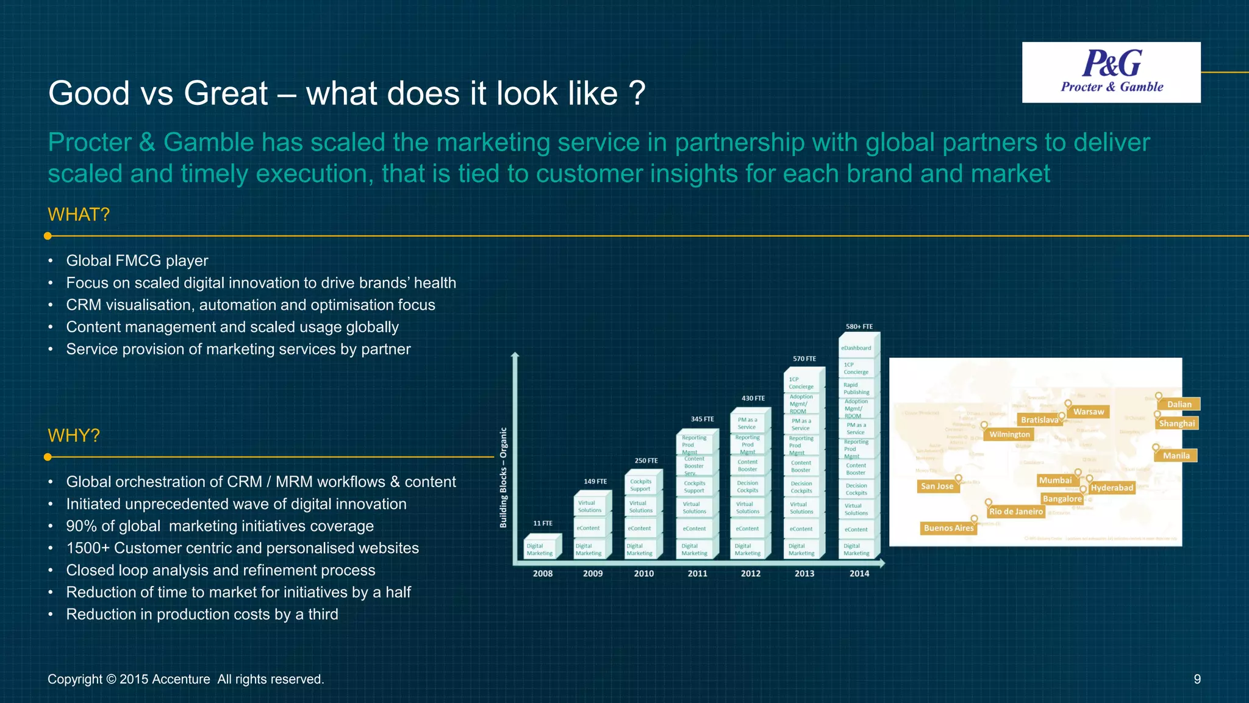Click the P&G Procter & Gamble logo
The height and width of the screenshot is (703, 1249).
1111,72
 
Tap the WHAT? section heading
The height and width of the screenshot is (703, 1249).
79,215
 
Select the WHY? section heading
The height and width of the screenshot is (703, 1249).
74,436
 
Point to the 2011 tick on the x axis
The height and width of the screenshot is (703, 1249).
697,573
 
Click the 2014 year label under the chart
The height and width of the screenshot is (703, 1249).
859,573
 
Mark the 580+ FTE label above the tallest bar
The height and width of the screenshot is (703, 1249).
859,327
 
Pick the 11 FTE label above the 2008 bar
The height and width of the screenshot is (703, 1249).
542,523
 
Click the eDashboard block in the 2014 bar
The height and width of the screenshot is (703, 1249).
856,348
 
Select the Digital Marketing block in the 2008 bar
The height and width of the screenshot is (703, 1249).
540,549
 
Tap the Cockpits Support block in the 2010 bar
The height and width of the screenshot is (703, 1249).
640,485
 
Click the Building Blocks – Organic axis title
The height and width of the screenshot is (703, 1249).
503,477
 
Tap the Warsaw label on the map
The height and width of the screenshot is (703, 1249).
1089,412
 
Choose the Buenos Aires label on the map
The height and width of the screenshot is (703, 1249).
948,528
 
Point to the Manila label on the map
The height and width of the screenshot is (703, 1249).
1176,455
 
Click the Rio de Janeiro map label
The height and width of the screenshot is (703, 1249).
1016,512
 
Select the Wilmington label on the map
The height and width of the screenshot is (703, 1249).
1009,434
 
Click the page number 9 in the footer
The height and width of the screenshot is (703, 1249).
1197,679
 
